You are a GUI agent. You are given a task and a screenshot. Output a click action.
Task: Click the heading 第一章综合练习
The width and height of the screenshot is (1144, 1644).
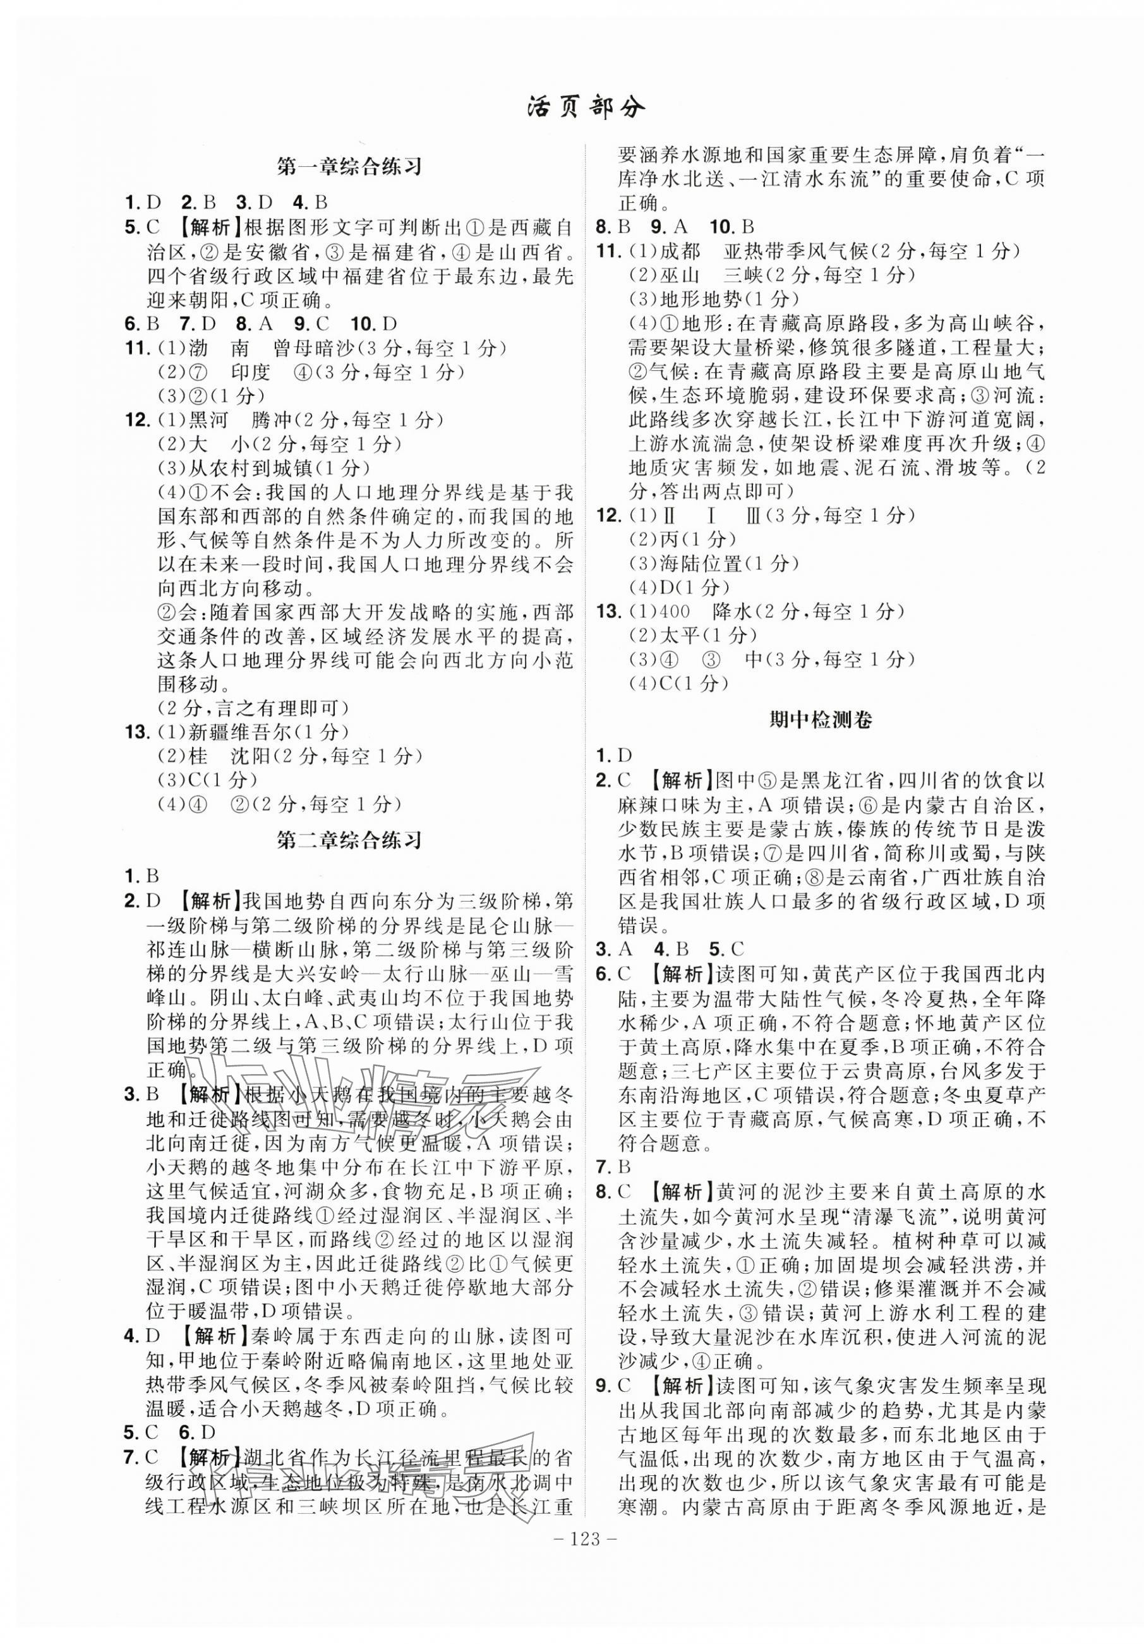(349, 167)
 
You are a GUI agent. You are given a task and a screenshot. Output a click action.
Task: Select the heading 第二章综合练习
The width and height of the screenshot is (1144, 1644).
(349, 839)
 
